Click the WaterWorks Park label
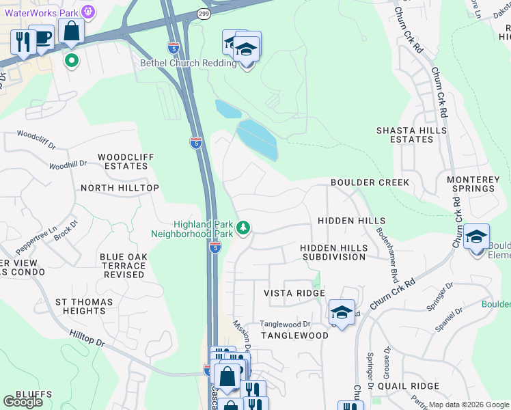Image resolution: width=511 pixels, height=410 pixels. (39, 12)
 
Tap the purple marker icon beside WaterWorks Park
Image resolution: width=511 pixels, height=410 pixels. (88, 12)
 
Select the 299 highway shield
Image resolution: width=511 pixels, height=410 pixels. (204, 13)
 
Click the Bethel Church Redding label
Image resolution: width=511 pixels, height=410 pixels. (188, 64)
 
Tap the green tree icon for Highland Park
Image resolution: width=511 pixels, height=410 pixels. (243, 227)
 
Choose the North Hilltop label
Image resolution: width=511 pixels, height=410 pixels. (120, 187)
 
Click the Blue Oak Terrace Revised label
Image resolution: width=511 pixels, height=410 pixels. (122, 266)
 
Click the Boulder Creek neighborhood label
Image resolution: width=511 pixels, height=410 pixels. (370, 182)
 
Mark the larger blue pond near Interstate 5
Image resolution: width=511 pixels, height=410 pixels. (258, 139)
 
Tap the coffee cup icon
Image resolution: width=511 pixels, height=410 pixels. (43, 37)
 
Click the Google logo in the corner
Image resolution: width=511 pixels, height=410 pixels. (23, 401)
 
